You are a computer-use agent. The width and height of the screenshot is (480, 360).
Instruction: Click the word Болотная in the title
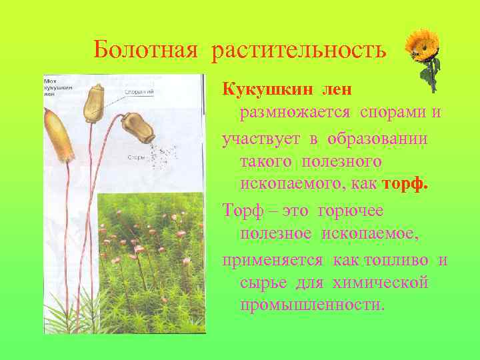[x=146, y=49]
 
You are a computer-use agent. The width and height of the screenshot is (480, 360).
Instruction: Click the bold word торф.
[x=405, y=184]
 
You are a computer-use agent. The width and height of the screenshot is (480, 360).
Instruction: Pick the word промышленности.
[x=312, y=305]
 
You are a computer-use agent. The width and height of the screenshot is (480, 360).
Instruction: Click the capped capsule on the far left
[x=58, y=137]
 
